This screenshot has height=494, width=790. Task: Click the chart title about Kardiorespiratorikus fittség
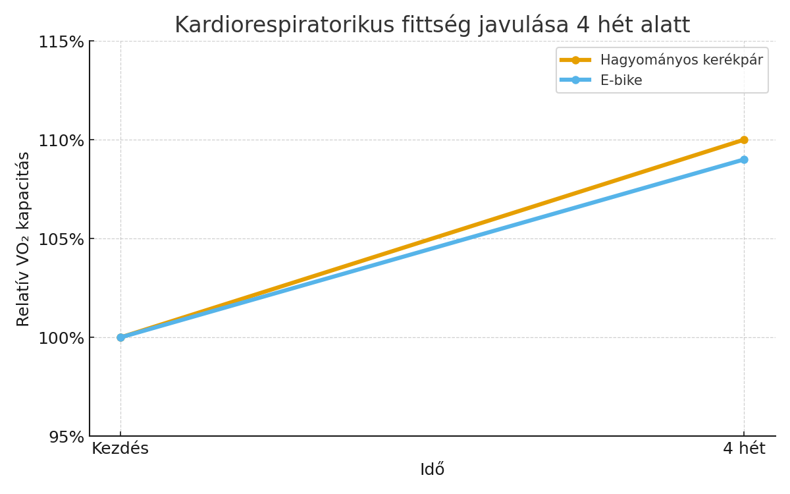tap(432, 25)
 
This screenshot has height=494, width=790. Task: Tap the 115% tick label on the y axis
tap(62, 41)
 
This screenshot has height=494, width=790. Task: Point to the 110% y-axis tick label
tap(62, 140)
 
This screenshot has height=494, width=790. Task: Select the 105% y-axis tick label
tap(62, 239)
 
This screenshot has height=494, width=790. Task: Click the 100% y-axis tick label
tap(62, 338)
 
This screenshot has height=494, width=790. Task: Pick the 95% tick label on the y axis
tap(66, 437)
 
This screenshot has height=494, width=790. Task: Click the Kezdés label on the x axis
tap(120, 449)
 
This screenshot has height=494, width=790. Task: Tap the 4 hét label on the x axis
tap(744, 449)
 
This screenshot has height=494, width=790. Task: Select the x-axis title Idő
tap(432, 470)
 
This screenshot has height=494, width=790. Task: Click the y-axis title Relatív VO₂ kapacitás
tap(24, 238)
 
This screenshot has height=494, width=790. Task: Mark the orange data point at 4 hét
tap(744, 140)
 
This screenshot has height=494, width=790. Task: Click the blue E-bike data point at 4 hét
tap(744, 159)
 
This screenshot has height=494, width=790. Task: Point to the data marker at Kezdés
tap(120, 337)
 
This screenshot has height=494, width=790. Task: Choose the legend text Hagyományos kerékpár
tap(681, 60)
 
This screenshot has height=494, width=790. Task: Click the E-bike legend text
tap(621, 80)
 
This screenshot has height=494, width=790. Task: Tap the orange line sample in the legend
tap(575, 60)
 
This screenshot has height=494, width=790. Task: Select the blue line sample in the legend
tap(575, 80)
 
